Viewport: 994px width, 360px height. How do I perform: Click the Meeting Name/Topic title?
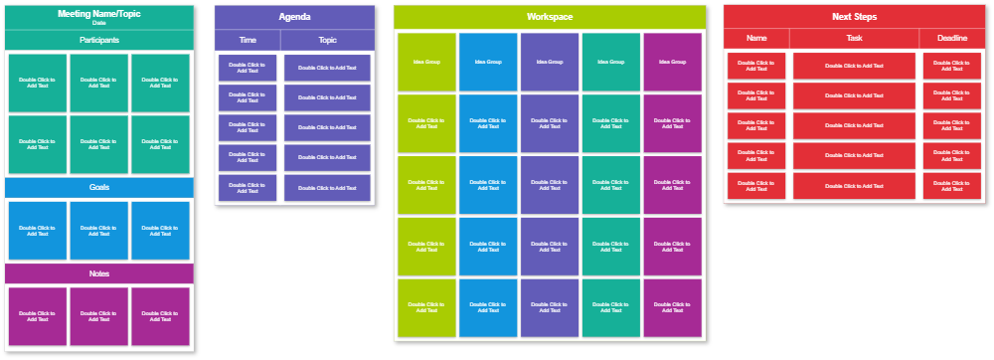pos(99,14)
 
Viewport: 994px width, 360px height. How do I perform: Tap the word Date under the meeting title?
pos(99,23)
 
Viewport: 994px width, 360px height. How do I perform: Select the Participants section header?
pos(99,40)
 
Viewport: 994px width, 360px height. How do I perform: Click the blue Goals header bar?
pos(99,187)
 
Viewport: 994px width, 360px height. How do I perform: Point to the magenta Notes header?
pos(99,273)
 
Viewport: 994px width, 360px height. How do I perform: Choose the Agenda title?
pos(294,17)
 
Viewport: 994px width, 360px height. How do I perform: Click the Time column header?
pos(248,40)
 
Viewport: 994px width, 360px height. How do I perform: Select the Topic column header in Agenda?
pos(327,40)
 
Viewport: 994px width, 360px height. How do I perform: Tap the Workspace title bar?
pos(550,17)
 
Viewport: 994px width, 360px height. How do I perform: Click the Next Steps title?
pos(854,17)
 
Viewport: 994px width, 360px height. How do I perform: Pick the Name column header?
pos(756,38)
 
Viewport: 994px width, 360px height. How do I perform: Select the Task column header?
pos(854,38)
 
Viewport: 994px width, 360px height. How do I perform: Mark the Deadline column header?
pos(952,38)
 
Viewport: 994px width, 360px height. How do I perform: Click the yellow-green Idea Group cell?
pos(426,62)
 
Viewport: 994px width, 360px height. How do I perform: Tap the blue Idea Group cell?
pos(488,62)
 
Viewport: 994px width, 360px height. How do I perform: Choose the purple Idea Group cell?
pos(550,62)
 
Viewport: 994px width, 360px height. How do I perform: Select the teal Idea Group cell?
pos(611,62)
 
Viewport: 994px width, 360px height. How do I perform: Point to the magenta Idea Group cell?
pos(673,62)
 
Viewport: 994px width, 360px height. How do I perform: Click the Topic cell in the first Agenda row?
pos(327,68)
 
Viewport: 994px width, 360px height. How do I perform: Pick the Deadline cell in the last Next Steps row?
pos(952,186)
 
